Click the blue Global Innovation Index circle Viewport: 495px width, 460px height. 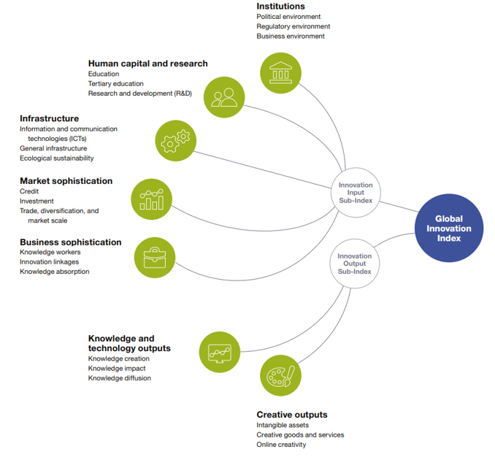tap(448, 229)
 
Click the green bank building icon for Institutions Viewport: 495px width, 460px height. tap(280, 72)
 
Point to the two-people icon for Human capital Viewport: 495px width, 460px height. tap(224, 96)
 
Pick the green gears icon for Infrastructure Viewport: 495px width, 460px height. tap(176, 139)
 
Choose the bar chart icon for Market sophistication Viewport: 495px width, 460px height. tap(152, 198)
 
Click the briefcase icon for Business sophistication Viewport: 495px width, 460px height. tap(155, 257)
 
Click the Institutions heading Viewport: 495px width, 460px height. tap(281, 7)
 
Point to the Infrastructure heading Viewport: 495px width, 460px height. tap(50, 118)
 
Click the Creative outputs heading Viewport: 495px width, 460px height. tap(292, 415)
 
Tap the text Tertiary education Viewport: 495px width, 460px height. tap(116, 84)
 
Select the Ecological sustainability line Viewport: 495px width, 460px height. tap(57, 158)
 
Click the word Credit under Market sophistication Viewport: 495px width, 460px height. tap(30, 191)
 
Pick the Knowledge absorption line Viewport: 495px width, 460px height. tap(55, 272)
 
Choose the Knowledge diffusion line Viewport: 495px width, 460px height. tap(120, 378)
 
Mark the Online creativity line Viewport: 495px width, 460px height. tap(281, 445)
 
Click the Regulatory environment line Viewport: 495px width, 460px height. tap(293, 26)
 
